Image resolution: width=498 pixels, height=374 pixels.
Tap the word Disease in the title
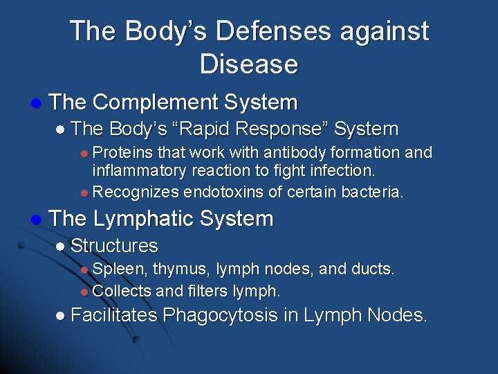pos(249,64)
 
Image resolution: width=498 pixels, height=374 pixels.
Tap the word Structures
pos(115,246)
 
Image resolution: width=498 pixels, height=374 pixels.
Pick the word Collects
pos(123,290)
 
